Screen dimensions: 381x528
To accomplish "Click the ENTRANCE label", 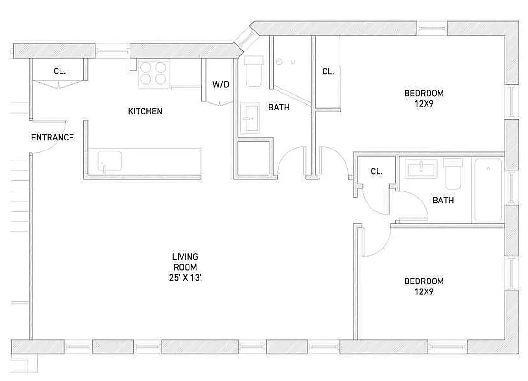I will coord(52,138).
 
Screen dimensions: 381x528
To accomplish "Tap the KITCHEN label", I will coord(145,111).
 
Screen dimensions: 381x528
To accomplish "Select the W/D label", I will coord(220,84).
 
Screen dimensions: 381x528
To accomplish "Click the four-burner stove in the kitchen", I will coord(153,74).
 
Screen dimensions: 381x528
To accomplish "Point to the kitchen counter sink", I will coord(110,161).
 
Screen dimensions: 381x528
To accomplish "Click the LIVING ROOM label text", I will coord(185,261).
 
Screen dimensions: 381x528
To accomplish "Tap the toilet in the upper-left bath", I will coord(253,70).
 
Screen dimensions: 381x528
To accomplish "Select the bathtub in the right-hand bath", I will coord(488,190).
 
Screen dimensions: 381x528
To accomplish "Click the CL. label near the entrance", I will coord(59,71).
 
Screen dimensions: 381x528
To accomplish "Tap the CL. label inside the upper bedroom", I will coord(328,71).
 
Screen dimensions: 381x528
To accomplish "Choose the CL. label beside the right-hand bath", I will coord(376,171).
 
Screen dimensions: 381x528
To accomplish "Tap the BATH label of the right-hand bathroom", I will coord(443,201).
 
